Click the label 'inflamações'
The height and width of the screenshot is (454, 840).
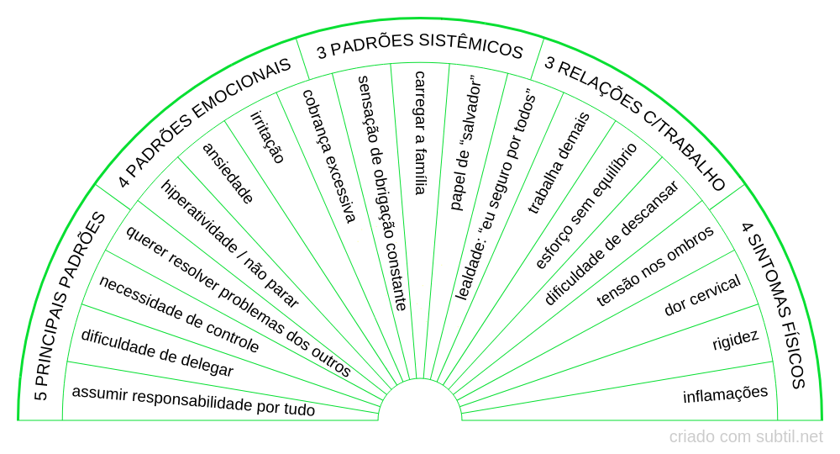[x=725, y=393]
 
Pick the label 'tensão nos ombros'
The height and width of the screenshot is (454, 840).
[x=655, y=266]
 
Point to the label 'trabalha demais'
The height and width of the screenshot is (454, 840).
[x=558, y=163]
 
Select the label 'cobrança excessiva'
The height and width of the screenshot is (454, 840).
[x=329, y=156]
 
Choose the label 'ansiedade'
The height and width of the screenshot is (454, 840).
[x=228, y=172]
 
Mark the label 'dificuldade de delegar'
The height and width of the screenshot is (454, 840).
[x=157, y=352]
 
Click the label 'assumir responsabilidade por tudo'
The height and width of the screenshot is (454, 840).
[x=193, y=402]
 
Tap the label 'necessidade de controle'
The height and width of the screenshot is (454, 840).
[x=179, y=313]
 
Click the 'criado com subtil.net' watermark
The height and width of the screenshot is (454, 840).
[x=746, y=436]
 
